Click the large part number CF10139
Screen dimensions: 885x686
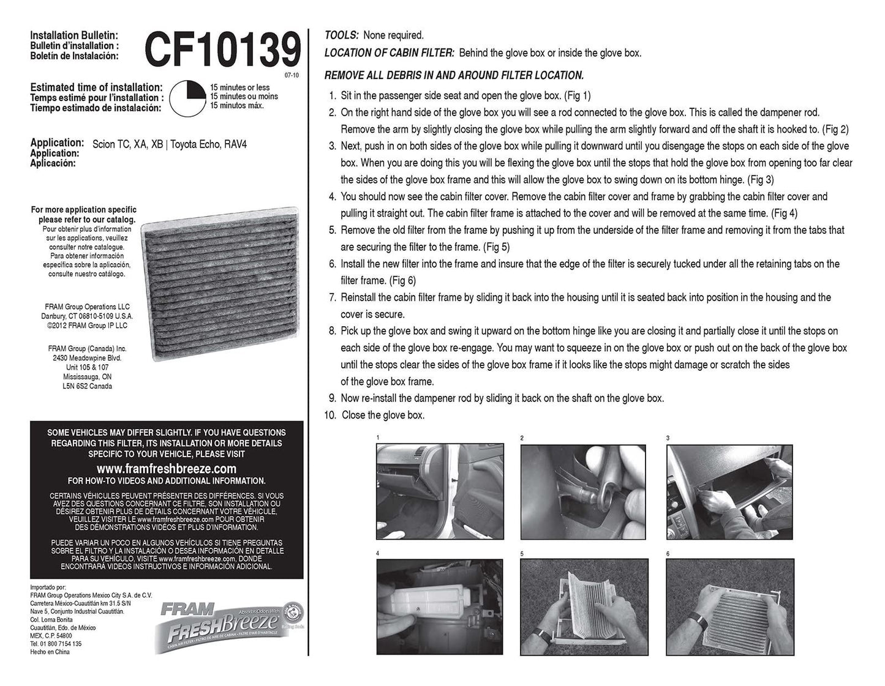click(x=222, y=50)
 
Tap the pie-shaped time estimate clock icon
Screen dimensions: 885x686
click(x=188, y=98)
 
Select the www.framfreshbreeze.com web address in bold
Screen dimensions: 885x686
click(x=166, y=468)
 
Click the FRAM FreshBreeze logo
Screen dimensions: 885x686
click(x=229, y=627)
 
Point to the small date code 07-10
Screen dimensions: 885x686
click(x=292, y=75)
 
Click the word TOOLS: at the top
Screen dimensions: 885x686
click(x=341, y=35)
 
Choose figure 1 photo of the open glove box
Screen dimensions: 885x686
click(x=440, y=491)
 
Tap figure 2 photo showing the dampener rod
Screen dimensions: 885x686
click(x=583, y=492)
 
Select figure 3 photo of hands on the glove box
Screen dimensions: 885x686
click(x=729, y=492)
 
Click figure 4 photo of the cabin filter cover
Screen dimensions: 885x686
click(x=440, y=606)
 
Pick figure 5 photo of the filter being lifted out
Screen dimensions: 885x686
click(x=584, y=607)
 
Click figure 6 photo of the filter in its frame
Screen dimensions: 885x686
click(x=730, y=607)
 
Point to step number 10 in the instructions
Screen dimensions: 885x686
click(x=330, y=415)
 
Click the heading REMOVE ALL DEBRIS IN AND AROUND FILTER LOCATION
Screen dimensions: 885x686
click(x=454, y=75)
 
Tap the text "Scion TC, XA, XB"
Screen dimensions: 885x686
click(x=127, y=144)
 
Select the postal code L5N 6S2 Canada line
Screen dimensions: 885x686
click(x=87, y=386)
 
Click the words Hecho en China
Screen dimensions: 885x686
click(x=50, y=652)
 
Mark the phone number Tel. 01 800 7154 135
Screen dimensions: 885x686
click(x=56, y=644)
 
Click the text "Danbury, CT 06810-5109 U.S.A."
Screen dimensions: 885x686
click(x=87, y=316)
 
